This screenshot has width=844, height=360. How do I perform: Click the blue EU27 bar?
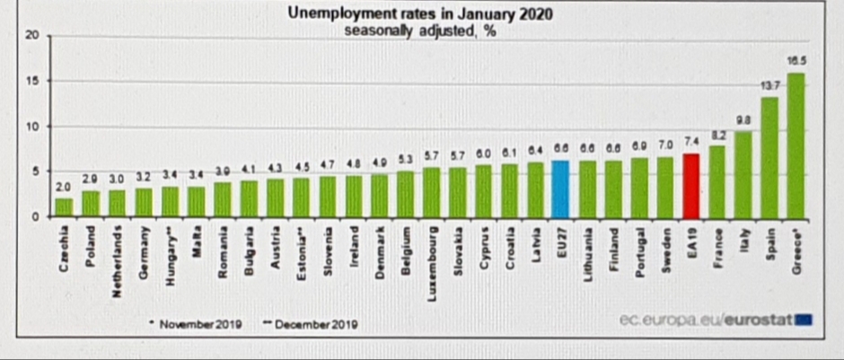(x=560, y=189)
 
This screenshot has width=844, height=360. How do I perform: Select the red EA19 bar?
(x=690, y=185)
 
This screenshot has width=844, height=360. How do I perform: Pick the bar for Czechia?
(x=64, y=207)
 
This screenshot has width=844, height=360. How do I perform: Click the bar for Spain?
(x=769, y=157)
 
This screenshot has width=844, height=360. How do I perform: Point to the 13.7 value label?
(x=769, y=85)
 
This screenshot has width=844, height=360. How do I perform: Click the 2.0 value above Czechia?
(x=64, y=187)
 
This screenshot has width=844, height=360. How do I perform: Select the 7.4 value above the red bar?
(x=690, y=143)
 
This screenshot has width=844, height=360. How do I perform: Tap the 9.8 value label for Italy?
(x=743, y=120)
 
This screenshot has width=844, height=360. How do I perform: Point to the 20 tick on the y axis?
(x=32, y=36)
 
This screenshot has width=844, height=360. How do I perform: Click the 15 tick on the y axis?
(x=32, y=82)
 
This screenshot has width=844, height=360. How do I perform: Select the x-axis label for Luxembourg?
(x=432, y=252)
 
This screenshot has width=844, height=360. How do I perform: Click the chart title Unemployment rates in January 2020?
(x=420, y=13)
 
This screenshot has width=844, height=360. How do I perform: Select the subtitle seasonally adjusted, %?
(x=420, y=29)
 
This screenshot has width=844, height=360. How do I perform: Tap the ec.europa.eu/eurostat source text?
(x=709, y=320)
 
